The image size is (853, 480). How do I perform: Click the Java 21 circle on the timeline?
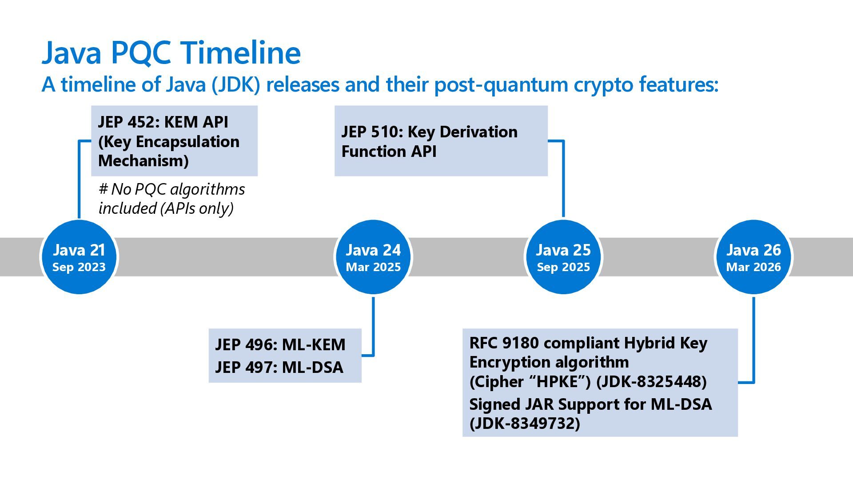tap(79, 257)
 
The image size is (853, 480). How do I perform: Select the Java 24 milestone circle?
tap(373, 257)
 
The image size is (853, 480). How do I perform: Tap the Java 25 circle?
tap(563, 257)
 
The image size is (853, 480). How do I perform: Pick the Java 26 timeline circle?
tap(753, 257)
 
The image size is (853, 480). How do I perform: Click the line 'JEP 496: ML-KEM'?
tap(280, 345)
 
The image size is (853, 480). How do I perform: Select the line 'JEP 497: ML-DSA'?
tap(279, 368)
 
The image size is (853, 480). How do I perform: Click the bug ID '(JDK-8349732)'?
tap(525, 424)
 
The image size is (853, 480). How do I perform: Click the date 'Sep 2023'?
tap(79, 267)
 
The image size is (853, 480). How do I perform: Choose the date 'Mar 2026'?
tap(753, 267)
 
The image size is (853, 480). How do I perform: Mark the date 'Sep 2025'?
tap(563, 267)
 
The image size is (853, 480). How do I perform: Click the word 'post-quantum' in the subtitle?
tap(501, 84)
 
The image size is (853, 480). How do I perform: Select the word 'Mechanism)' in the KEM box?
tap(143, 160)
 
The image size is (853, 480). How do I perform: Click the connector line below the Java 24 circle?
tap(373, 324)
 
